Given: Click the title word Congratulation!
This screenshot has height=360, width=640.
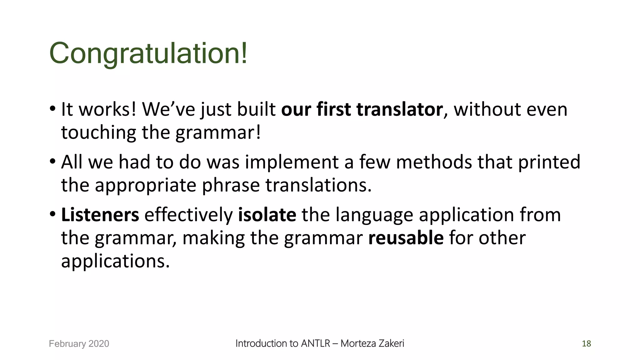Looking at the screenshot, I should pyautogui.click(x=148, y=53).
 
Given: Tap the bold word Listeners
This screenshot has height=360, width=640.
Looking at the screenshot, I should pyautogui.click(x=100, y=215).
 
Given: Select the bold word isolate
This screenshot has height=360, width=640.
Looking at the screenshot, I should pyautogui.click(x=267, y=215).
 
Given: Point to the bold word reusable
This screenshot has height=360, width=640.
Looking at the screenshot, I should pyautogui.click(x=406, y=238).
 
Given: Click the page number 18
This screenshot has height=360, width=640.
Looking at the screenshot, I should pyautogui.click(x=586, y=343).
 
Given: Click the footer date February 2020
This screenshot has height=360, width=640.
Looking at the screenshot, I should pyautogui.click(x=79, y=343).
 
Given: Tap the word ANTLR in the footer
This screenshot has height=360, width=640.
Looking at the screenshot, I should pyautogui.click(x=315, y=343).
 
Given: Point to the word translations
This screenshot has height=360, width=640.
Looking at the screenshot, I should pyautogui.click(x=318, y=185).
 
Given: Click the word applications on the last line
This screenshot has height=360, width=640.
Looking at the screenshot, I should pyautogui.click(x=115, y=261).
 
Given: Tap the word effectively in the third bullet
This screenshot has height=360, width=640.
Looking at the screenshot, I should pyautogui.click(x=188, y=215).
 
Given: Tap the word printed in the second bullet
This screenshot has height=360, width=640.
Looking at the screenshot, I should pyautogui.click(x=549, y=162).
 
